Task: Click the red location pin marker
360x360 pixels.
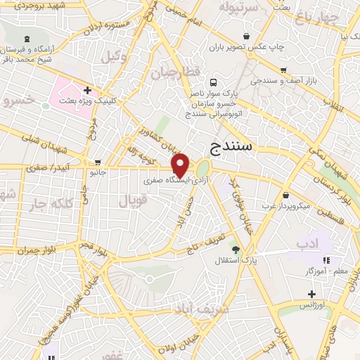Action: [x=181, y=165]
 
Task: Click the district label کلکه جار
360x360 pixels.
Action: [x=50, y=205]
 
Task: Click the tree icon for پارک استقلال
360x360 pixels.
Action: [x=236, y=250]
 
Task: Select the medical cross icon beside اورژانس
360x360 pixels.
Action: [x=311, y=294]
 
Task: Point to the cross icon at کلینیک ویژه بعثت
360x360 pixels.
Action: [x=87, y=90]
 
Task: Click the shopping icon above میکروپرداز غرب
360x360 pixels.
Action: [x=285, y=195]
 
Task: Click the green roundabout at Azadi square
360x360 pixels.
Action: [x=203, y=169]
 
